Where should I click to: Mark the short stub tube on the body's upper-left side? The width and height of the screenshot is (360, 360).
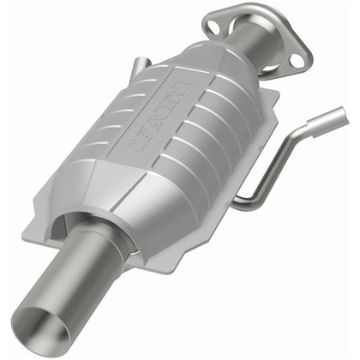tap(140, 64)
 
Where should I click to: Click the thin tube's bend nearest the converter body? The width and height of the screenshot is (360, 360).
tap(243, 202)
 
